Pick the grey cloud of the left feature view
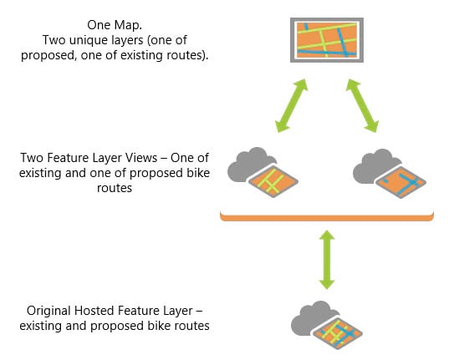(x=253, y=164)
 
